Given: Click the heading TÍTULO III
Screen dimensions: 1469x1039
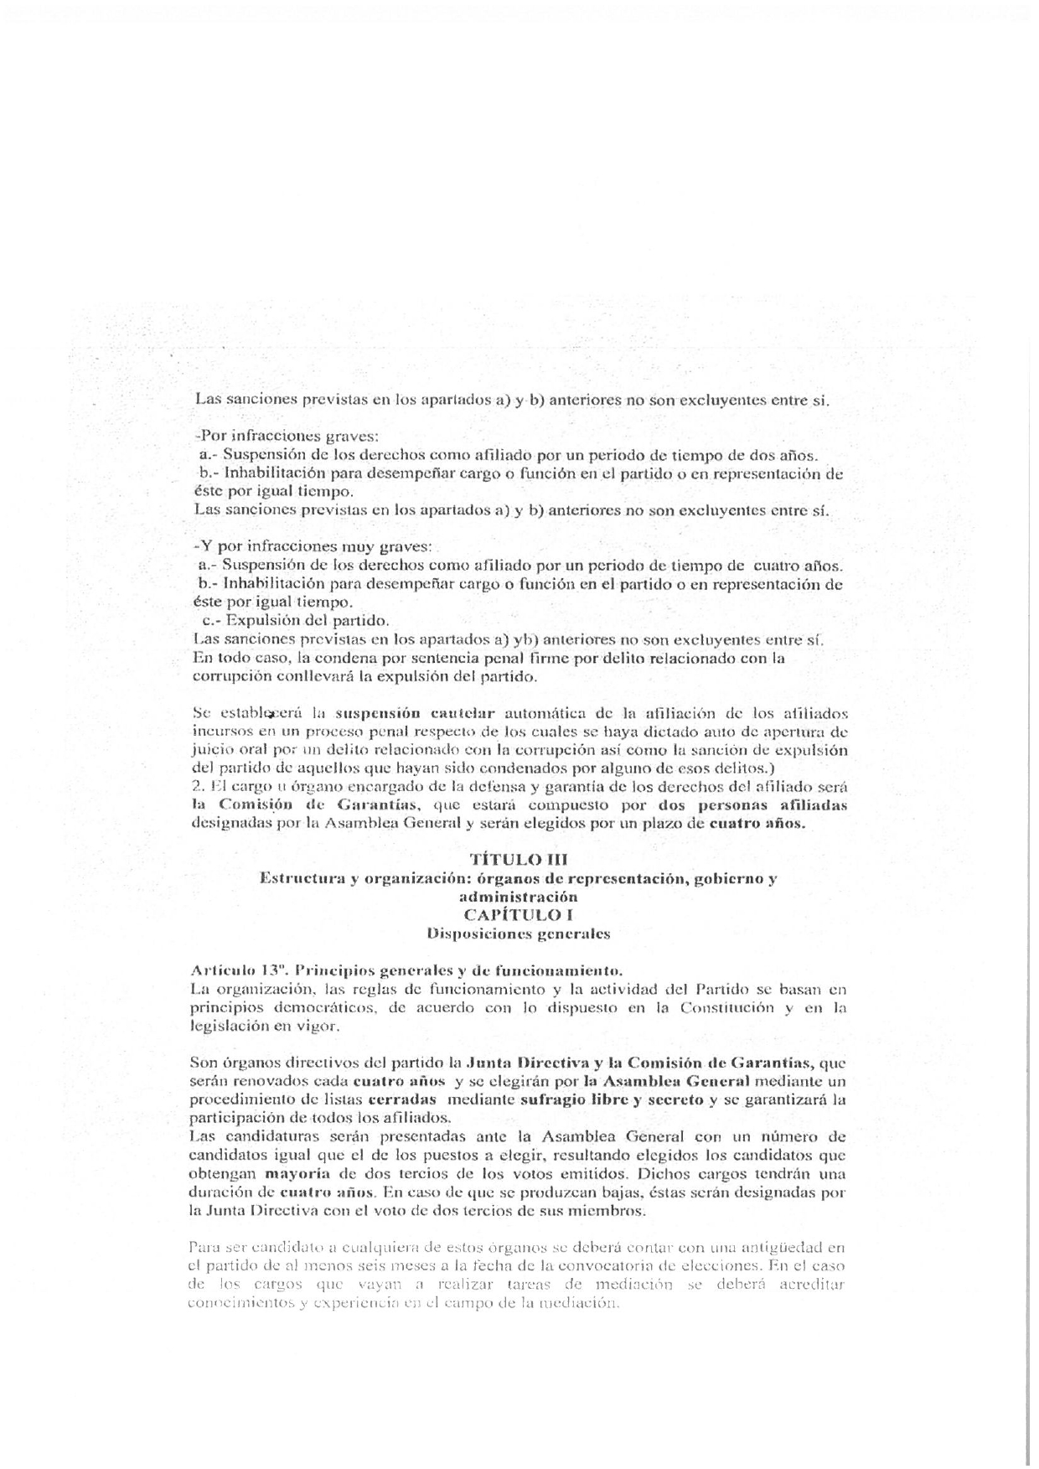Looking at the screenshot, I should [x=519, y=859].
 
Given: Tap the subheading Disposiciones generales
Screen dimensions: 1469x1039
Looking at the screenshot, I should [x=518, y=933].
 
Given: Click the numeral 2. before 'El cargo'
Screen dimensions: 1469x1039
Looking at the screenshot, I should [x=198, y=787].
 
